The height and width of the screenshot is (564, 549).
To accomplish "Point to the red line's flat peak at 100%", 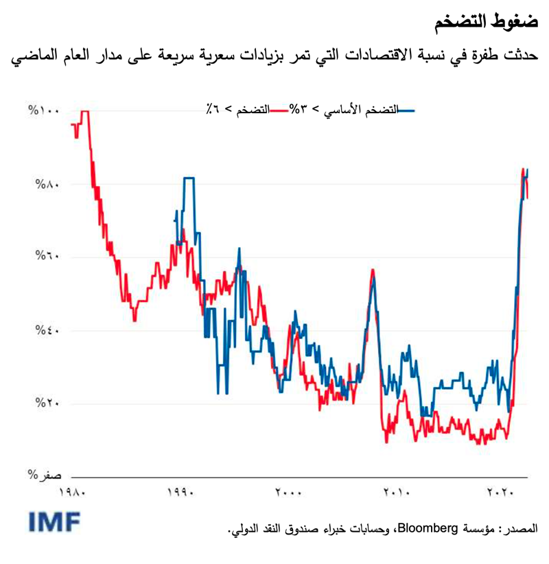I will point(85,111).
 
